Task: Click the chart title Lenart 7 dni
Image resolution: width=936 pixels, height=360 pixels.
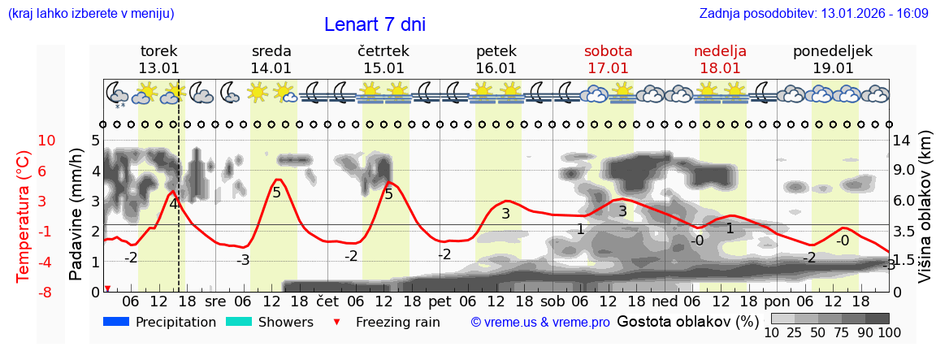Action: [375, 24]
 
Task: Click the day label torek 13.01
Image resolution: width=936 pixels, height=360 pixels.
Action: [158, 59]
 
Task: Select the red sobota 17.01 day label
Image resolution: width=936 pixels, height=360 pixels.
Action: [609, 59]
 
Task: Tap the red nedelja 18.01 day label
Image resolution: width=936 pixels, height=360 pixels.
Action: [720, 59]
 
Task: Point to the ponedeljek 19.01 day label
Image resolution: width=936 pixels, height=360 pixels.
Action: [833, 59]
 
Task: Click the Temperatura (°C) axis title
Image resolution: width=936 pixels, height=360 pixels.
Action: [24, 215]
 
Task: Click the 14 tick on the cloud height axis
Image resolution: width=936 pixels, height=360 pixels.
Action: [903, 141]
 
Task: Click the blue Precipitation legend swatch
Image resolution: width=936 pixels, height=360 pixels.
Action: [116, 322]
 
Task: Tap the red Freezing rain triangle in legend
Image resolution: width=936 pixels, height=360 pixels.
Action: [337, 322]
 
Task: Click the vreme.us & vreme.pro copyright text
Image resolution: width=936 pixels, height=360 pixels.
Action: [540, 323]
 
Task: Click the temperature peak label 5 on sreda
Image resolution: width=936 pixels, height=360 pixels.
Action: [276, 193]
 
